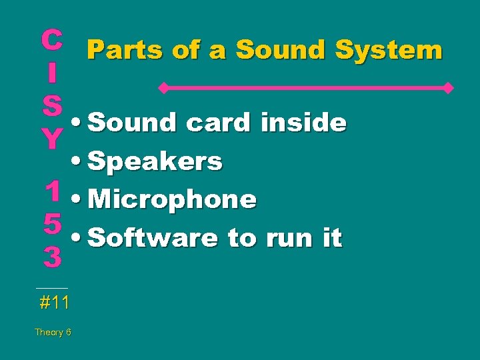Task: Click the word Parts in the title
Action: tap(124, 50)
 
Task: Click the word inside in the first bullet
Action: tap(303, 123)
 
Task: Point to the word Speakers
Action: tap(155, 161)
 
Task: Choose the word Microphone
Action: tap(172, 199)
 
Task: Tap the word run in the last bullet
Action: tap(291, 238)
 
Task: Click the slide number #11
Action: tap(54, 303)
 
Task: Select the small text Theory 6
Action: tap(53, 332)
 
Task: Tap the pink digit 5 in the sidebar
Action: tap(52, 223)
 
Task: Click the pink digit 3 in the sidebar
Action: tap(52, 257)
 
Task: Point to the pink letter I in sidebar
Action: tap(52, 72)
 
